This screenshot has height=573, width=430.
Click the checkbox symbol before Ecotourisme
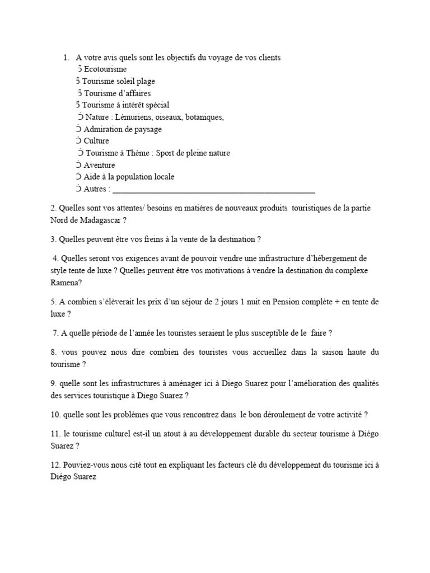click(80, 69)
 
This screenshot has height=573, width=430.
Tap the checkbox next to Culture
click(78, 140)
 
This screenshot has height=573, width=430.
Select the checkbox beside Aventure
click(78, 165)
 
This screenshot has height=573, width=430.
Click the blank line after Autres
click(213, 189)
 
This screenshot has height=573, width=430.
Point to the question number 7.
click(55, 333)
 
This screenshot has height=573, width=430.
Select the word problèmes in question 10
click(128, 415)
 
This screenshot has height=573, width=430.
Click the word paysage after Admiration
click(145, 129)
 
